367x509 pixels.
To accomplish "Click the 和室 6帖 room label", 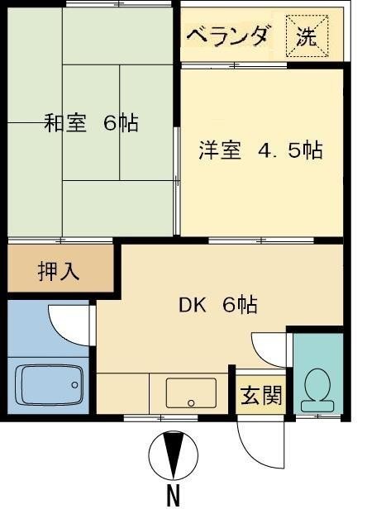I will click(x=91, y=124).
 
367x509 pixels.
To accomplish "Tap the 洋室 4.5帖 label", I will click(x=260, y=151).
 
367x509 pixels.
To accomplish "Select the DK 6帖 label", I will click(x=218, y=305).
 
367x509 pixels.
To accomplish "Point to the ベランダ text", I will click(x=227, y=36).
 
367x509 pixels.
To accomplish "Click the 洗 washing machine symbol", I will click(x=307, y=36).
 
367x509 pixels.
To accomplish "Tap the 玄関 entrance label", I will click(x=261, y=395).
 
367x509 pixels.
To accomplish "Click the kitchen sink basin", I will click(x=191, y=392).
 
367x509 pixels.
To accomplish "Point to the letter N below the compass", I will click(x=174, y=496).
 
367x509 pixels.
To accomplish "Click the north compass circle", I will click(x=174, y=454).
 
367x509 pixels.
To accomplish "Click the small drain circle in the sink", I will click(x=192, y=403).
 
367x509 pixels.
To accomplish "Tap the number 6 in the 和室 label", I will click(x=110, y=124).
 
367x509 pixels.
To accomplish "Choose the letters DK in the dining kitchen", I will click(x=192, y=305).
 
